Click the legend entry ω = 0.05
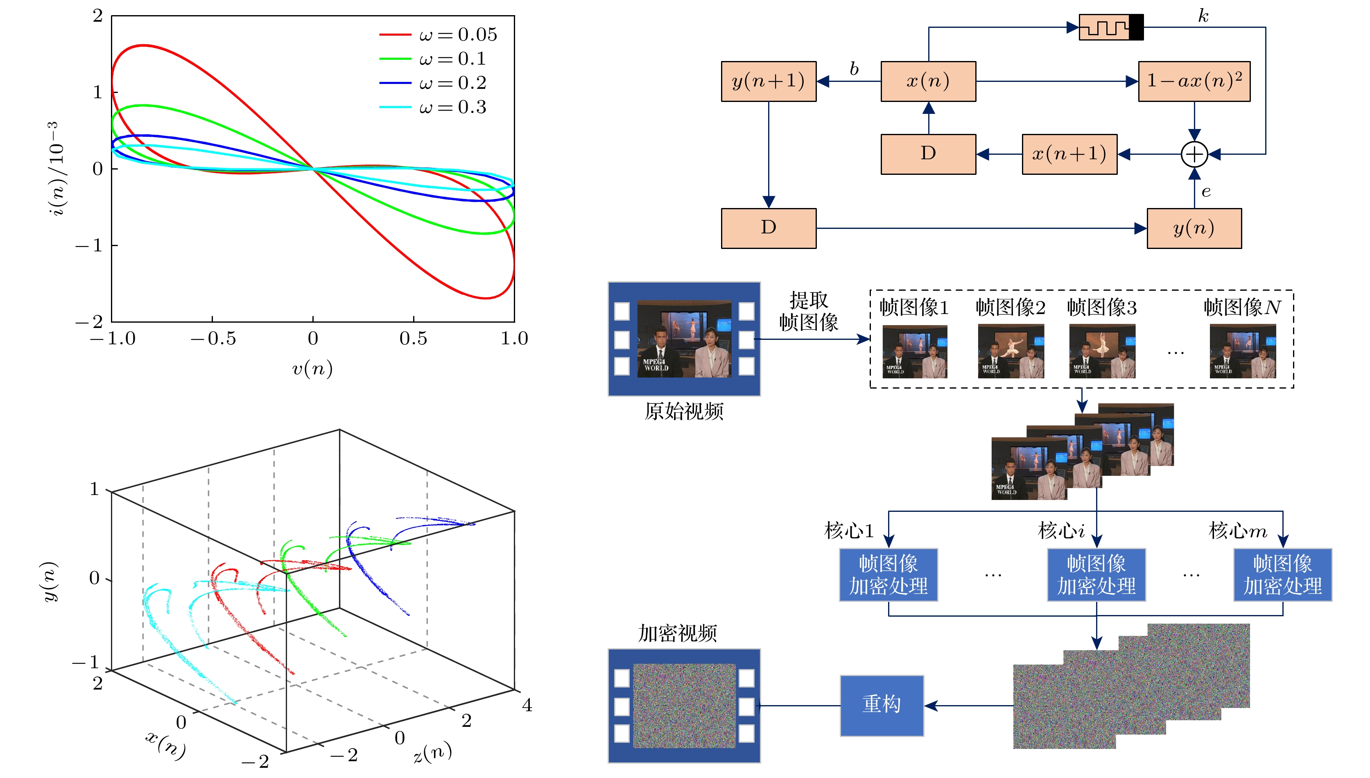coord(438,35)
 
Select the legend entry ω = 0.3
coord(433,107)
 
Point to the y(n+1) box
coord(769,81)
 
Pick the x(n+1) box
coord(1069,154)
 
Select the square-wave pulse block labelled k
coord(1110,27)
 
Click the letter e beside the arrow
coord(1206,191)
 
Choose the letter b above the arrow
coord(854,69)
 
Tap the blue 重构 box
coord(882,706)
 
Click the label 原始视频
coord(683,412)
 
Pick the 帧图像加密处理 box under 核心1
coord(888,575)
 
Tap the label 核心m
coord(1237,531)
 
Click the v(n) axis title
coord(312,369)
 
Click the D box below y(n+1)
coord(769,228)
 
